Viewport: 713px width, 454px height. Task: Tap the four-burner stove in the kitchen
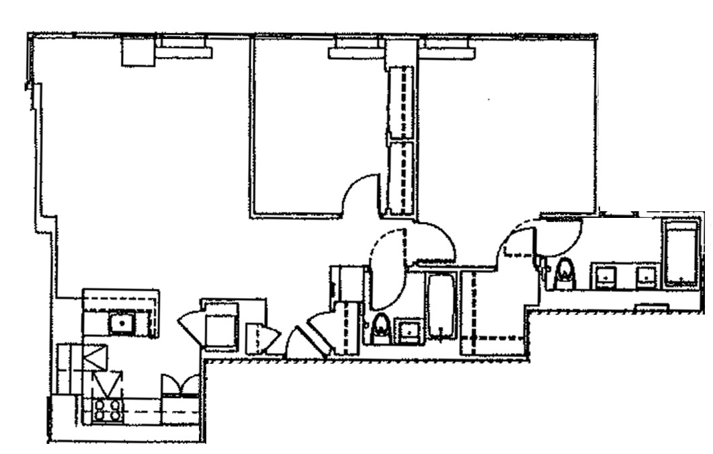tap(108, 409)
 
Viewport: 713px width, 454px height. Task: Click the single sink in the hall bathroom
tap(407, 330)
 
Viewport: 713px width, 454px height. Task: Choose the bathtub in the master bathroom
tap(681, 253)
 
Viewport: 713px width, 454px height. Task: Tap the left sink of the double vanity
tap(606, 276)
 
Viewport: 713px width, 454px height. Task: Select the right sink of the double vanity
tap(647, 276)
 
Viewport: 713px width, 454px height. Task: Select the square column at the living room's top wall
tap(138, 51)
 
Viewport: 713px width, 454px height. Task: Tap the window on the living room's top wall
tap(183, 48)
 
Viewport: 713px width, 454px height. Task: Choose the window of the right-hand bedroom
tap(449, 48)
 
